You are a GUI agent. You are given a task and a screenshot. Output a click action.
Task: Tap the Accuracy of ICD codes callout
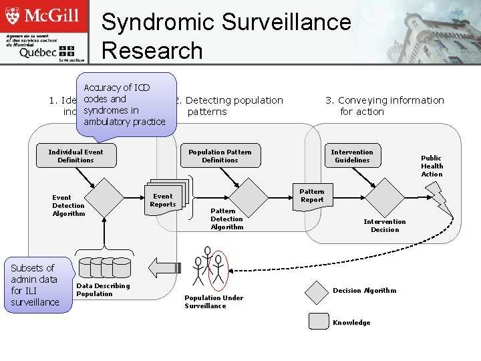pos(124,104)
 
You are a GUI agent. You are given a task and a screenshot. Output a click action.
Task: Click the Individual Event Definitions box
pos(75,156)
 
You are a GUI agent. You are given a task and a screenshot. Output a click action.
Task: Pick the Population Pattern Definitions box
pos(220,156)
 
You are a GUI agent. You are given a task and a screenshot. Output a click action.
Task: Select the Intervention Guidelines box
pos(352,156)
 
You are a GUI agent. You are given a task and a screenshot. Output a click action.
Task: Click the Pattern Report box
pos(311,195)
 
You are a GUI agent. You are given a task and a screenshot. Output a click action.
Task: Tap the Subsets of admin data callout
pos(35,285)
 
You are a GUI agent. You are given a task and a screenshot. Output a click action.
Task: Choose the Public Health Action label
pos(432,166)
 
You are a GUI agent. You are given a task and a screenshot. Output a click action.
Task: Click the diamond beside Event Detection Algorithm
pos(105,198)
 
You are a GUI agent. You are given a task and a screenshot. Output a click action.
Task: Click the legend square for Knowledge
pos(319,322)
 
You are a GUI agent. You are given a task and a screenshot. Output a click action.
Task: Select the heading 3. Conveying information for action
pos(384,106)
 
